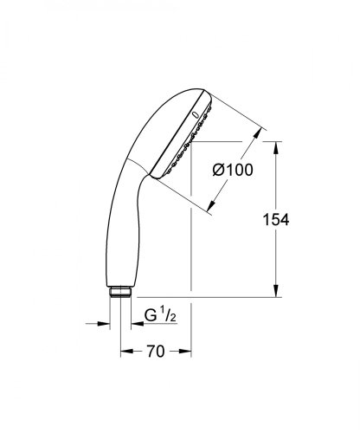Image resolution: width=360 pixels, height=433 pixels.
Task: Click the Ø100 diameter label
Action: [233, 171]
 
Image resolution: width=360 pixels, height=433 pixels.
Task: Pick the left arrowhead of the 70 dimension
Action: [124, 352]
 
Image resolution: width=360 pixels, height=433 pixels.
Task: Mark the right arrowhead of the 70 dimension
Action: [187, 352]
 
